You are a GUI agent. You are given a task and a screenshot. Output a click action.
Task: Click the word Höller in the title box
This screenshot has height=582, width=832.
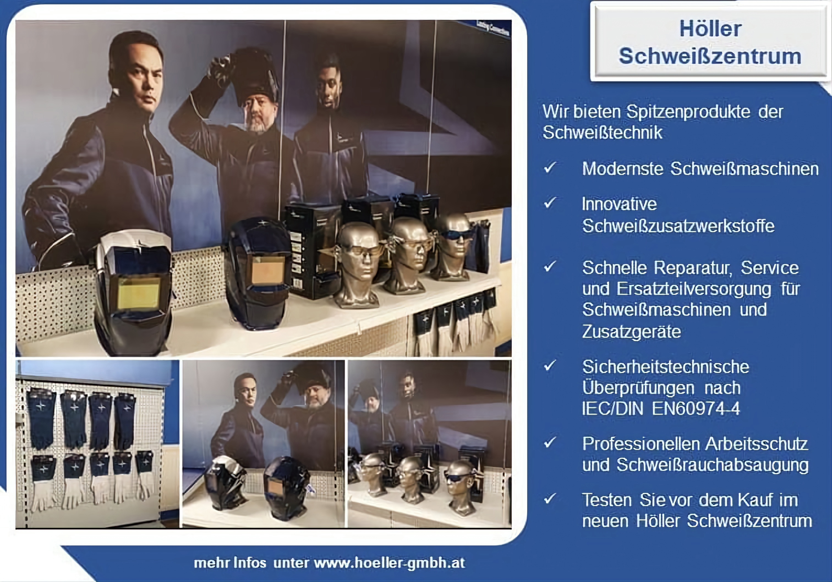point(710,29)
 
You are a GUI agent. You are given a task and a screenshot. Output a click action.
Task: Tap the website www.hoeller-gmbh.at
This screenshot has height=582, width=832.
point(389,563)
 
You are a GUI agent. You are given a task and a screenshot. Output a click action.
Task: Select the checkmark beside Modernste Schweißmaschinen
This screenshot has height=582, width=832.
point(550,168)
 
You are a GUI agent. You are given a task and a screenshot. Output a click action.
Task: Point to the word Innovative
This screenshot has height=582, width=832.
point(619,204)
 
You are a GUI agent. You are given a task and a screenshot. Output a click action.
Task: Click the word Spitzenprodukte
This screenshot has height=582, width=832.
point(688,112)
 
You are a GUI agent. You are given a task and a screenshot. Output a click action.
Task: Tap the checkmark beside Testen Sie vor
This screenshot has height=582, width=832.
point(550,499)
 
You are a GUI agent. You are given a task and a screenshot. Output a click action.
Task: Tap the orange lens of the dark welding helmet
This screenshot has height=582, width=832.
point(268,270)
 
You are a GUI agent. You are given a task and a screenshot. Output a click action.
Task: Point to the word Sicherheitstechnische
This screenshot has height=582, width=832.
point(665,367)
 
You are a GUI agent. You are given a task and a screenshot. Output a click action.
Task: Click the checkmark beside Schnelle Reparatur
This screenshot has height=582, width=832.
point(550,267)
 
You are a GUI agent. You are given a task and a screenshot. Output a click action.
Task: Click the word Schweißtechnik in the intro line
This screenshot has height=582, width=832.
point(602,132)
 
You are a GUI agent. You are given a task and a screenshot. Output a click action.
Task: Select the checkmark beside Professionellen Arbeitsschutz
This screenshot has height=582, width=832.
point(550,443)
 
